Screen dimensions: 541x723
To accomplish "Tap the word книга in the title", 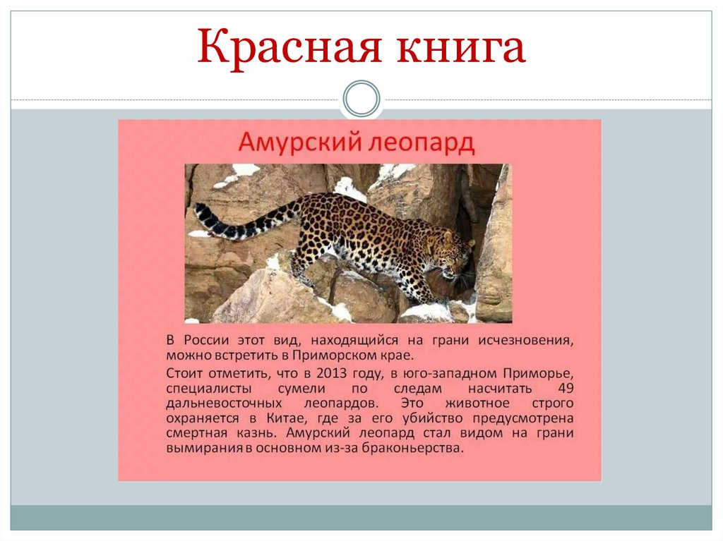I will [x=458, y=48].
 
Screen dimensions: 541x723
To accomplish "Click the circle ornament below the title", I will [x=361, y=99].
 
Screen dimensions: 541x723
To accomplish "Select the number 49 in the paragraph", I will [x=565, y=389].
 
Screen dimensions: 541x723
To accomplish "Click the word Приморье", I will [x=540, y=372].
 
